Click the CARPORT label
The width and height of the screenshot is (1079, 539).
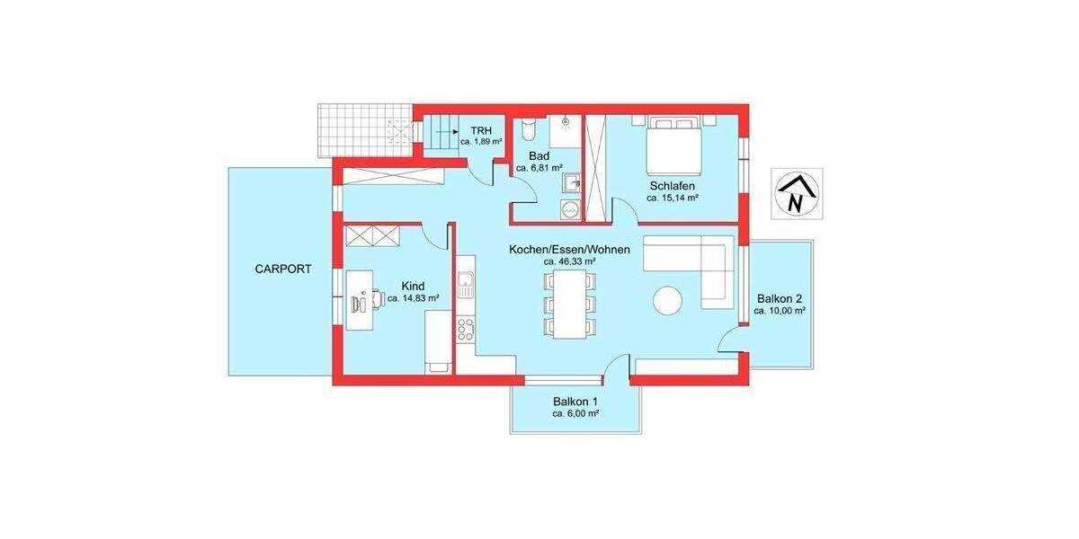[282, 269]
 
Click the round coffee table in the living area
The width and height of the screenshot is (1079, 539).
[669, 300]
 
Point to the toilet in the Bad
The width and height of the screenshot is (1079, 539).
[530, 130]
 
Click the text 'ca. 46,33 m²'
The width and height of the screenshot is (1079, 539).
[570, 261]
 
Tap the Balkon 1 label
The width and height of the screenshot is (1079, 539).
[576, 402]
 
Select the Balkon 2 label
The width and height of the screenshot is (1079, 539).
[779, 298]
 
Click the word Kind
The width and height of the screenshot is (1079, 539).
[413, 286]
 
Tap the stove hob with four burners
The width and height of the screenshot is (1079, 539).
[465, 330]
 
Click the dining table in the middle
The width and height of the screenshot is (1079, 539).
[568, 304]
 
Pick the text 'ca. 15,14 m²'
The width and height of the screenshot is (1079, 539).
[673, 199]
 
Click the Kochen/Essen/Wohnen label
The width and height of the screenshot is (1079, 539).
[569, 249]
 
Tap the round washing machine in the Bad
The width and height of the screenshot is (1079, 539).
[567, 210]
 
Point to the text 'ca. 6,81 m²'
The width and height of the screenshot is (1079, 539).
[539, 167]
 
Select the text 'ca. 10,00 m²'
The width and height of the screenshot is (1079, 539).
[779, 311]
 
